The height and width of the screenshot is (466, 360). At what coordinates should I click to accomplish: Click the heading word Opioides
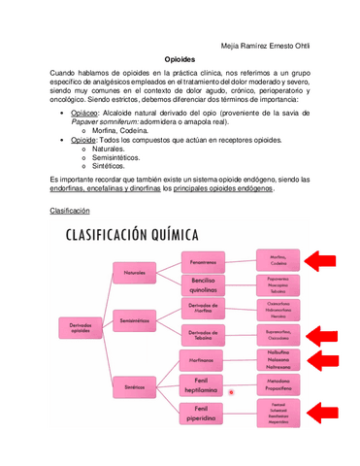[x=180, y=58]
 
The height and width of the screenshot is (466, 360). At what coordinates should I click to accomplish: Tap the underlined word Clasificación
[x=69, y=210]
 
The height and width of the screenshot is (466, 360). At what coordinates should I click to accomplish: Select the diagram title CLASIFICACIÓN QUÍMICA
[x=133, y=235]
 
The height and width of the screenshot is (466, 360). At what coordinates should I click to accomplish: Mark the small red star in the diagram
[x=231, y=392]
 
